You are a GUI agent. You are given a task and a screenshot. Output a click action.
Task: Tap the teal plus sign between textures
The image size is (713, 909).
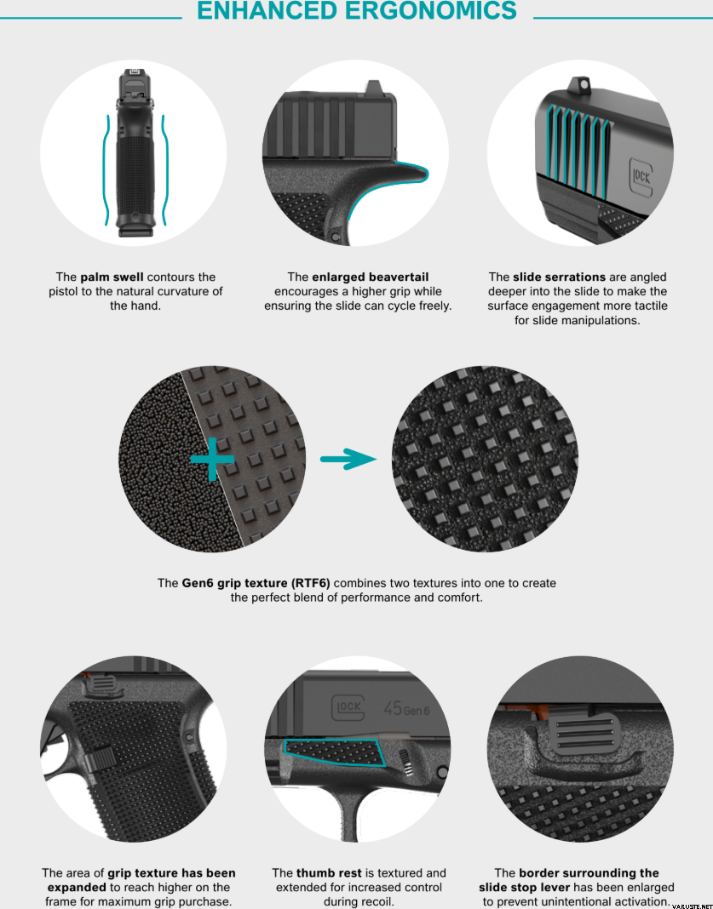click(212, 459)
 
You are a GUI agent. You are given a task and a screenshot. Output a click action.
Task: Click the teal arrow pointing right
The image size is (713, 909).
click(348, 459)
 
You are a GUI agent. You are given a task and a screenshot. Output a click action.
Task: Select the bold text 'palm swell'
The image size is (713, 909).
click(112, 277)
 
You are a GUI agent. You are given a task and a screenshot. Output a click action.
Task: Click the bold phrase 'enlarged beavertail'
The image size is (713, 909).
click(371, 277)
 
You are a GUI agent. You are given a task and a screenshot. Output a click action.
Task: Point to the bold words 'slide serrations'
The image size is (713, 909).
click(559, 277)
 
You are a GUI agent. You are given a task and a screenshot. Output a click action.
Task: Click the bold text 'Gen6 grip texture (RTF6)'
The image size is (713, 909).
click(256, 583)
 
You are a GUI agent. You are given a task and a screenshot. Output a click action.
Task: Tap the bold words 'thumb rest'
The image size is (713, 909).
click(329, 873)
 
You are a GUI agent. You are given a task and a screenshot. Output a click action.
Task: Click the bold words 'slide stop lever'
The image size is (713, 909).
click(526, 888)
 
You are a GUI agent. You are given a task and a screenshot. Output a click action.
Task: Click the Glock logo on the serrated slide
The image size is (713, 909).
click(641, 175)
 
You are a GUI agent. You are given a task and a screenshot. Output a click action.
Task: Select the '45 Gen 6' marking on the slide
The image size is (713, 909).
click(407, 708)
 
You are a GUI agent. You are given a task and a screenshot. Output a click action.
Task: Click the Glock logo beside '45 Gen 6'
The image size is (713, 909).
click(348, 707)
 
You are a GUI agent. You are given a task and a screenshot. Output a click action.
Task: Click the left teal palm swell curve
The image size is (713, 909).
click(106, 170)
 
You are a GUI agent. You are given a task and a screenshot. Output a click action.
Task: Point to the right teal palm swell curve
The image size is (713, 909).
click(164, 170)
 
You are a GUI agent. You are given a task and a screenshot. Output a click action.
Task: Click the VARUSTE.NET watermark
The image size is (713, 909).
click(692, 906)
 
